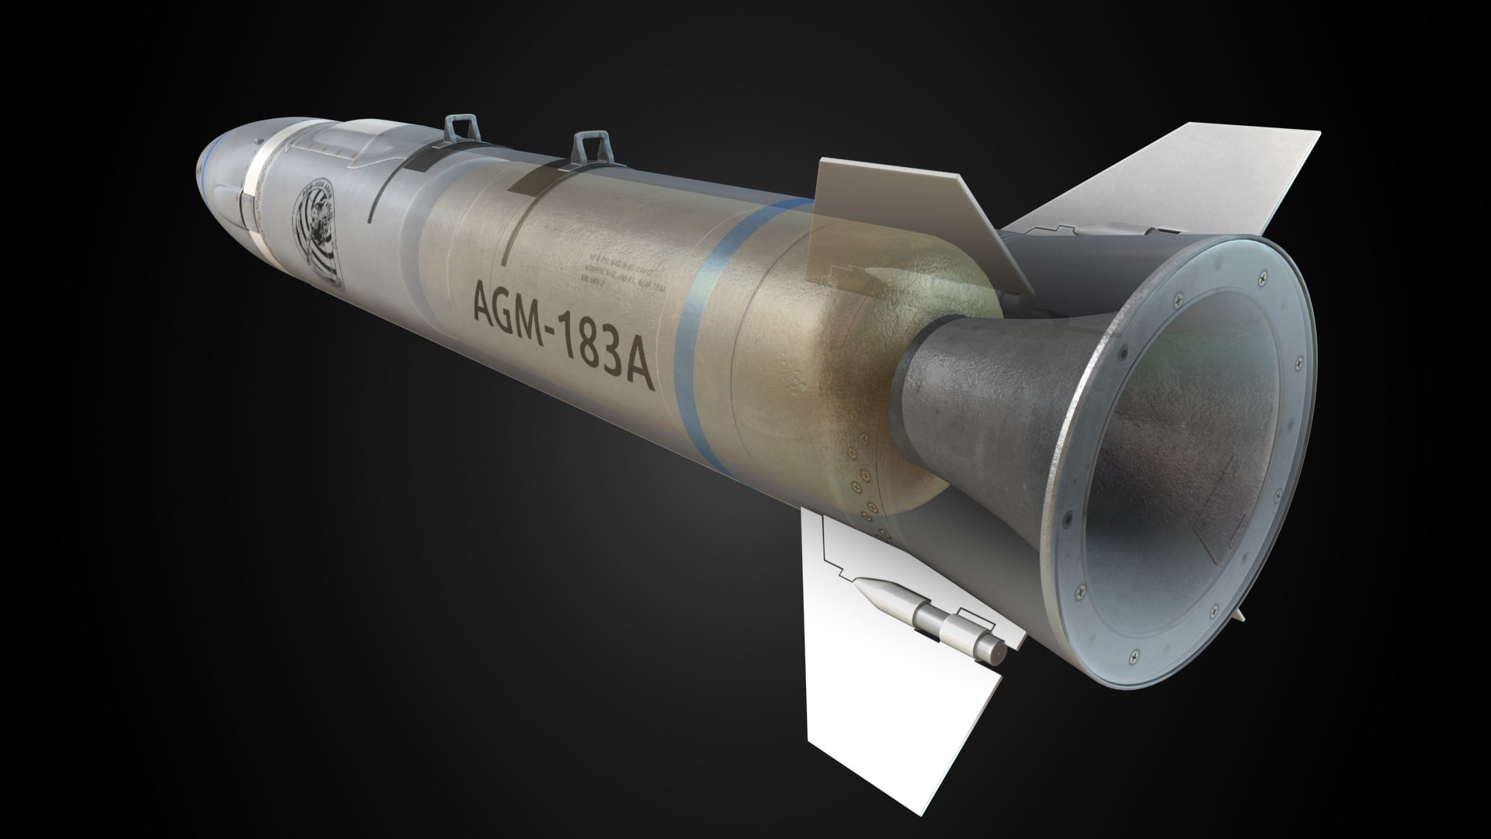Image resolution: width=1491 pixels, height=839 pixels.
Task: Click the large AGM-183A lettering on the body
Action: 560,339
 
